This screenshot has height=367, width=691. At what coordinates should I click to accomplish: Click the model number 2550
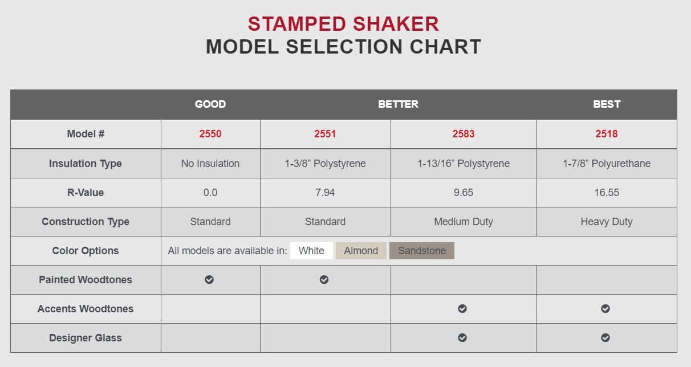tap(210, 134)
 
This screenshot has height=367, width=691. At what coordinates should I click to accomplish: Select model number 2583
tap(463, 134)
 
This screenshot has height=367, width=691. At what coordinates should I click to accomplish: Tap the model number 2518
tap(606, 134)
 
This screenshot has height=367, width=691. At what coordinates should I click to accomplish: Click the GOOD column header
tap(210, 104)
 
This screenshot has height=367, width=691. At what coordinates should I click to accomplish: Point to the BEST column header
tap(606, 104)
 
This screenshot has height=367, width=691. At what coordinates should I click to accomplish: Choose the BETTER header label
tap(398, 104)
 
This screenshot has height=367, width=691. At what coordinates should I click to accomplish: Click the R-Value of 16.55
tap(606, 193)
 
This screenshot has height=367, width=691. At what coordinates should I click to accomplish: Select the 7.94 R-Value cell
tap(325, 193)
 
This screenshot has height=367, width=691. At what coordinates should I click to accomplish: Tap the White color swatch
tap(311, 251)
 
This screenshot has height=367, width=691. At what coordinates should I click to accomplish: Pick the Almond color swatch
tap(361, 251)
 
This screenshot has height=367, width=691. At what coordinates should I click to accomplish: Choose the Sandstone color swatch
tap(422, 251)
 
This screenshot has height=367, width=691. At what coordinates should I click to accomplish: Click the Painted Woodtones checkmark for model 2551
tap(324, 279)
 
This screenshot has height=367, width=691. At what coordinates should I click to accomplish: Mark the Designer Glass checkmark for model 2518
tap(605, 337)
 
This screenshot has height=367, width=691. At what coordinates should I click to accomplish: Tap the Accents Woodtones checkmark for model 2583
tap(462, 308)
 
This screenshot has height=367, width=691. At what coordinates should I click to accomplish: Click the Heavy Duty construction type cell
tap(606, 222)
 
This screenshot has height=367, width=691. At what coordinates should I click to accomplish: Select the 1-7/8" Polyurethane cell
tap(606, 164)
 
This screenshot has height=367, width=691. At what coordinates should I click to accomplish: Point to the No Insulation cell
tap(210, 164)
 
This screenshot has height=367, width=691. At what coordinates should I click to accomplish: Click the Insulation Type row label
tap(86, 164)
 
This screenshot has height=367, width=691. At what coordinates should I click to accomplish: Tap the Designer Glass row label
tap(86, 338)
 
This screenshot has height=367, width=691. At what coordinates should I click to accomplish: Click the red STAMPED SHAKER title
tap(343, 24)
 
